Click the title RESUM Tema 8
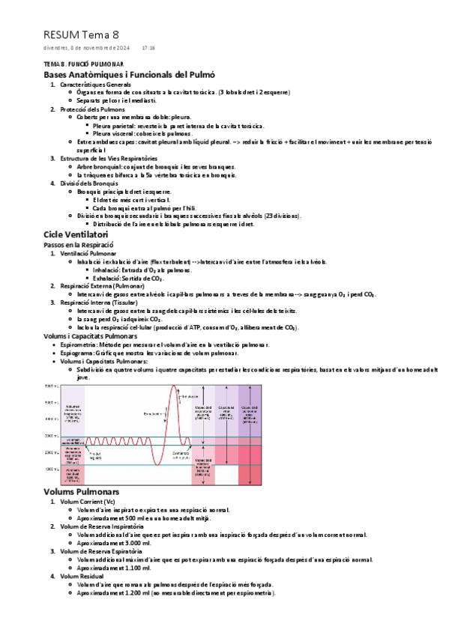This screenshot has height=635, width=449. (81, 34)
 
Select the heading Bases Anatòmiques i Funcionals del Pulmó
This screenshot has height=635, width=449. (129, 75)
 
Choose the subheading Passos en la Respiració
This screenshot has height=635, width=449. (78, 245)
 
